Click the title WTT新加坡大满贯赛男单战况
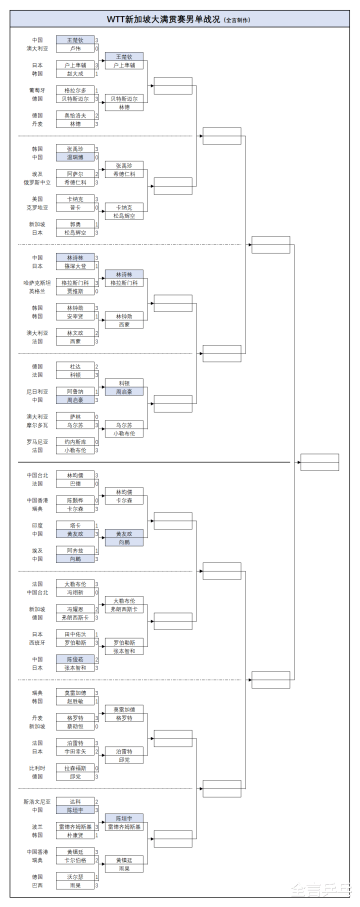tap(163, 19)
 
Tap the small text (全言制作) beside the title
tap(237, 20)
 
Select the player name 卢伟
tap(75, 48)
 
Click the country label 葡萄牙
tap(37, 90)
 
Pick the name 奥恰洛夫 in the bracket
tap(75, 115)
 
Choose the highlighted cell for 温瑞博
tap(75, 157)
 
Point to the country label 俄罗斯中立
tap(37, 182)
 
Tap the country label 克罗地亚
tap(37, 207)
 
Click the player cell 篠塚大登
tap(75, 266)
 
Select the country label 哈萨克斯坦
tap(37, 283)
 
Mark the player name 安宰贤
tap(75, 316)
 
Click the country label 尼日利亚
tap(37, 391)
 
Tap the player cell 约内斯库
tap(75, 442)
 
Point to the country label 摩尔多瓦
tap(37, 425)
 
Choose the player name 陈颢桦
tap(75, 500)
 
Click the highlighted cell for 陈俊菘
tap(75, 659)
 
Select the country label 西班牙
tap(37, 643)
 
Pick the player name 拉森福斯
tap(75, 768)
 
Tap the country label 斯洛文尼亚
tap(37, 802)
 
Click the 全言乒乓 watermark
tap(321, 889)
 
